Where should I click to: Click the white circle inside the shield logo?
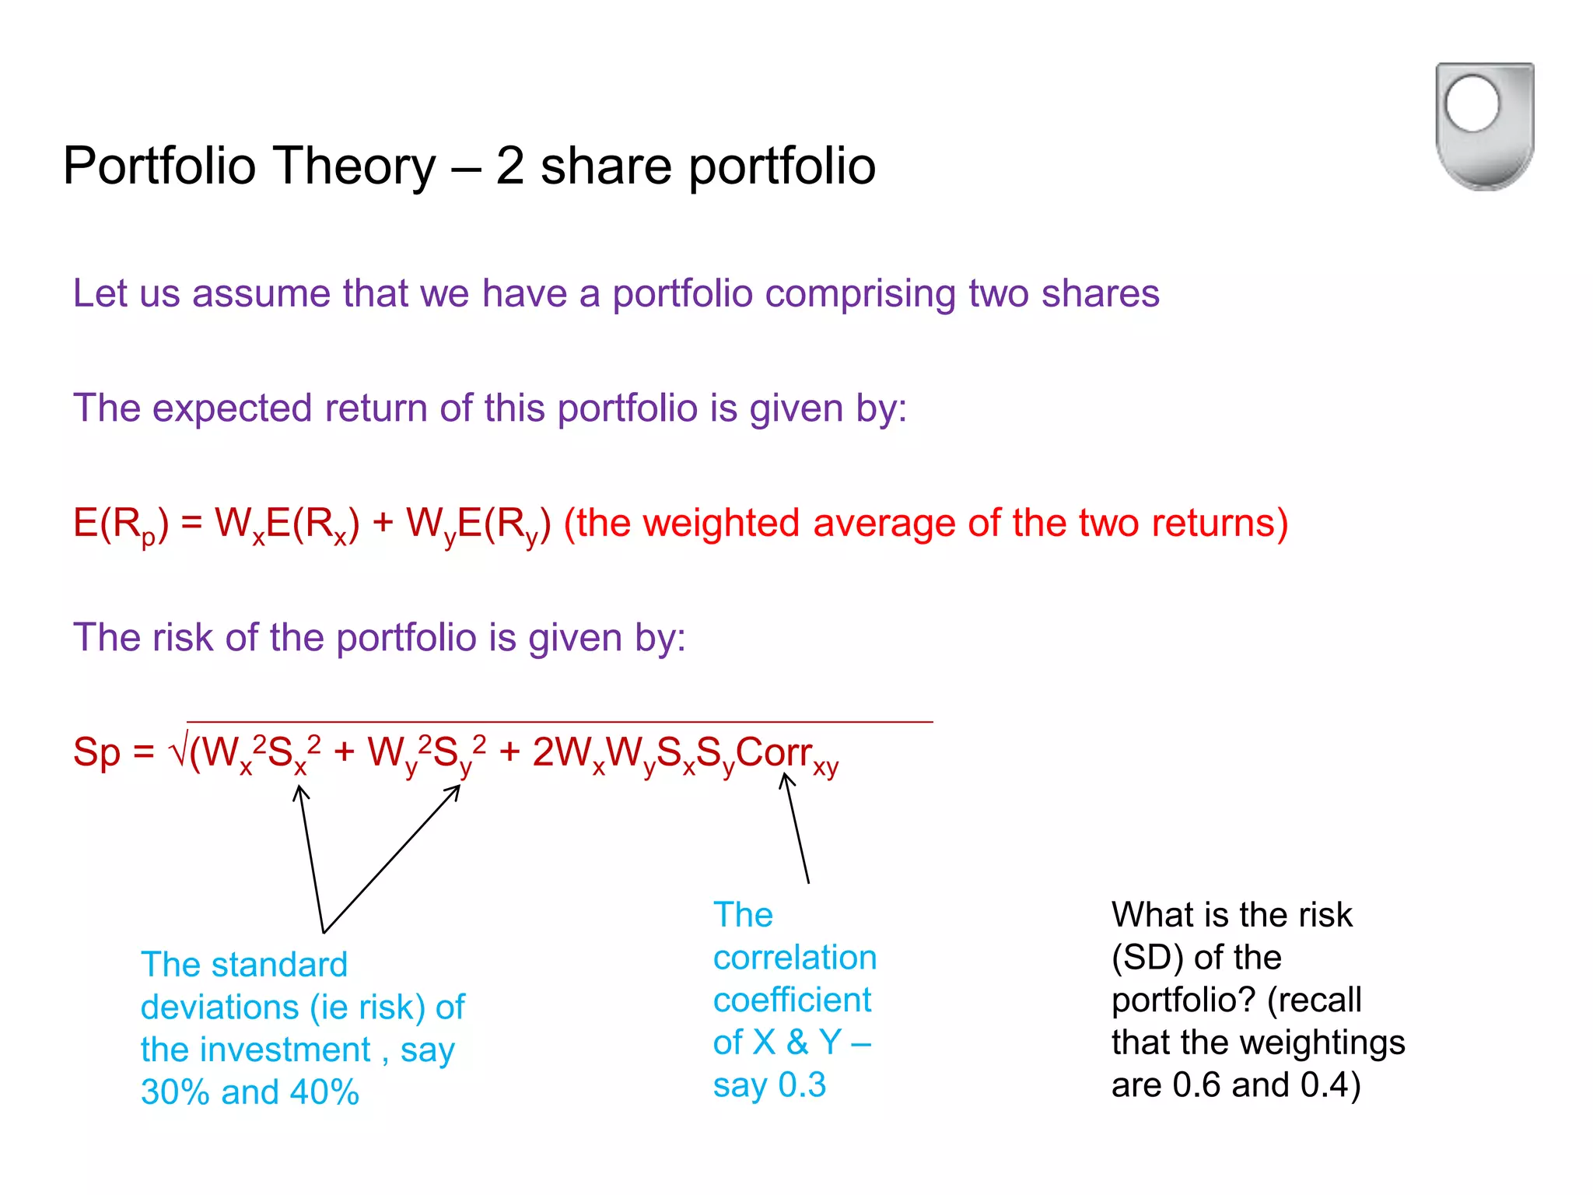[x=1472, y=103]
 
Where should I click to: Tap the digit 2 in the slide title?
[x=509, y=166]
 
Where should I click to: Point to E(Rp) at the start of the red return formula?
[x=120, y=524]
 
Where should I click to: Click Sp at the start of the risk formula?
[x=96, y=752]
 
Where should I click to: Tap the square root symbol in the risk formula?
[x=178, y=752]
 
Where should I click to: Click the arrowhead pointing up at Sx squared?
[x=300, y=791]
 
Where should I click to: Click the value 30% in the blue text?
[x=175, y=1092]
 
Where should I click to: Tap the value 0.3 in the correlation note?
[x=802, y=1085]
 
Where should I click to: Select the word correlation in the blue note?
[x=794, y=958]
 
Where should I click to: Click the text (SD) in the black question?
[x=1147, y=958]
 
